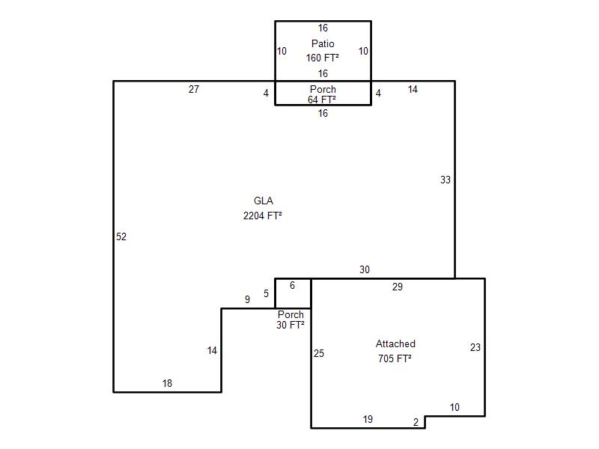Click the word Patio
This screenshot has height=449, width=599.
point(323,43)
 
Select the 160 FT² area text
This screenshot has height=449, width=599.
point(323,58)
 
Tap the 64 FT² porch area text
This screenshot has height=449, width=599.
point(322,100)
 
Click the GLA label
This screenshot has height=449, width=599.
point(264,201)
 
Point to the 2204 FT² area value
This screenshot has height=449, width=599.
point(263,216)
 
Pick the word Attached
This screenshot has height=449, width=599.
point(395,343)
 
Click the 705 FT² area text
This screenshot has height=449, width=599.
point(395,358)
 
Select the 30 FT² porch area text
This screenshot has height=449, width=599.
point(291,325)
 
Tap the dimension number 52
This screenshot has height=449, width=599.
point(121,236)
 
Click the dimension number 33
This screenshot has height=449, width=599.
point(446,180)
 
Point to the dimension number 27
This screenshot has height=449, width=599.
point(194,89)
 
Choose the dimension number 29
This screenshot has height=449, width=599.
point(398,287)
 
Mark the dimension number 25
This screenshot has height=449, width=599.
point(319,353)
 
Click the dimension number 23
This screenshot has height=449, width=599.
point(475,347)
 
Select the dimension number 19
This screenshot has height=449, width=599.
point(368,420)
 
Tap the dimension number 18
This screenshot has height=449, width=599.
point(167,383)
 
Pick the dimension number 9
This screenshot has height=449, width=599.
point(247,300)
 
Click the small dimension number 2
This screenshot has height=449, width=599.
point(416,422)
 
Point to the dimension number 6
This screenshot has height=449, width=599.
point(292,286)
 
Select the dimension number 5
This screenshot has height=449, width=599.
point(266,293)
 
